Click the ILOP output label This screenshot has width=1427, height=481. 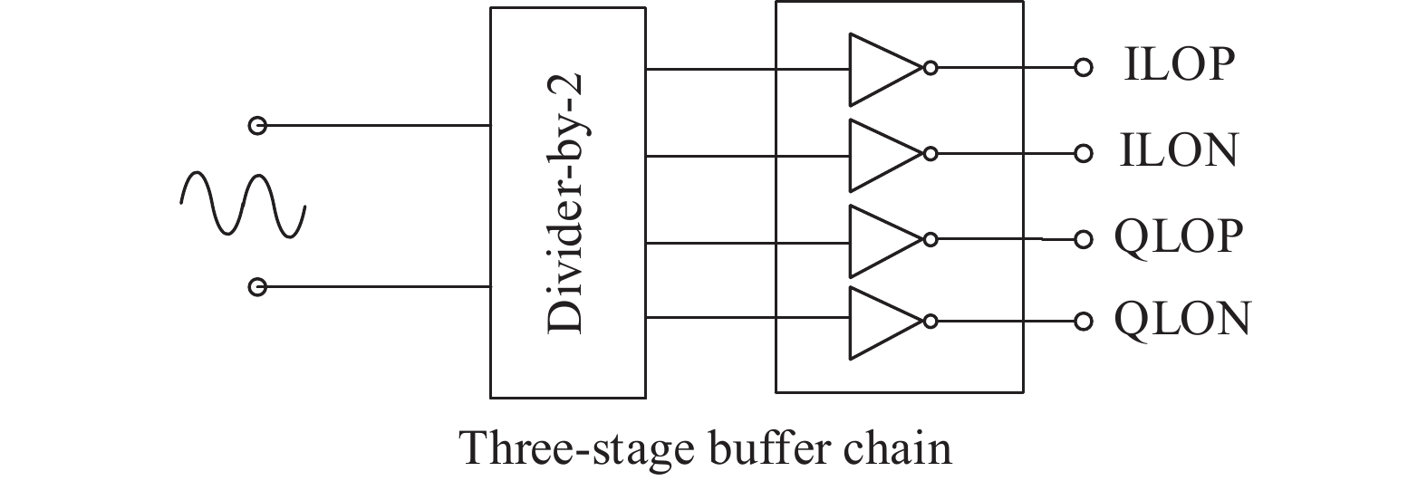1179,66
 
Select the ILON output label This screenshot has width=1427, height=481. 1179,151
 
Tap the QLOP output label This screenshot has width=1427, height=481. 1179,237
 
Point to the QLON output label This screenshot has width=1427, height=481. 1182,318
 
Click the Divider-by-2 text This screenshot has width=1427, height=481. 565,204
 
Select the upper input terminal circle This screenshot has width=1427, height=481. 257,125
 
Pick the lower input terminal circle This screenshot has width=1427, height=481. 257,287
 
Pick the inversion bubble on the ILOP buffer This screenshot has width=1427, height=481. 930,69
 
